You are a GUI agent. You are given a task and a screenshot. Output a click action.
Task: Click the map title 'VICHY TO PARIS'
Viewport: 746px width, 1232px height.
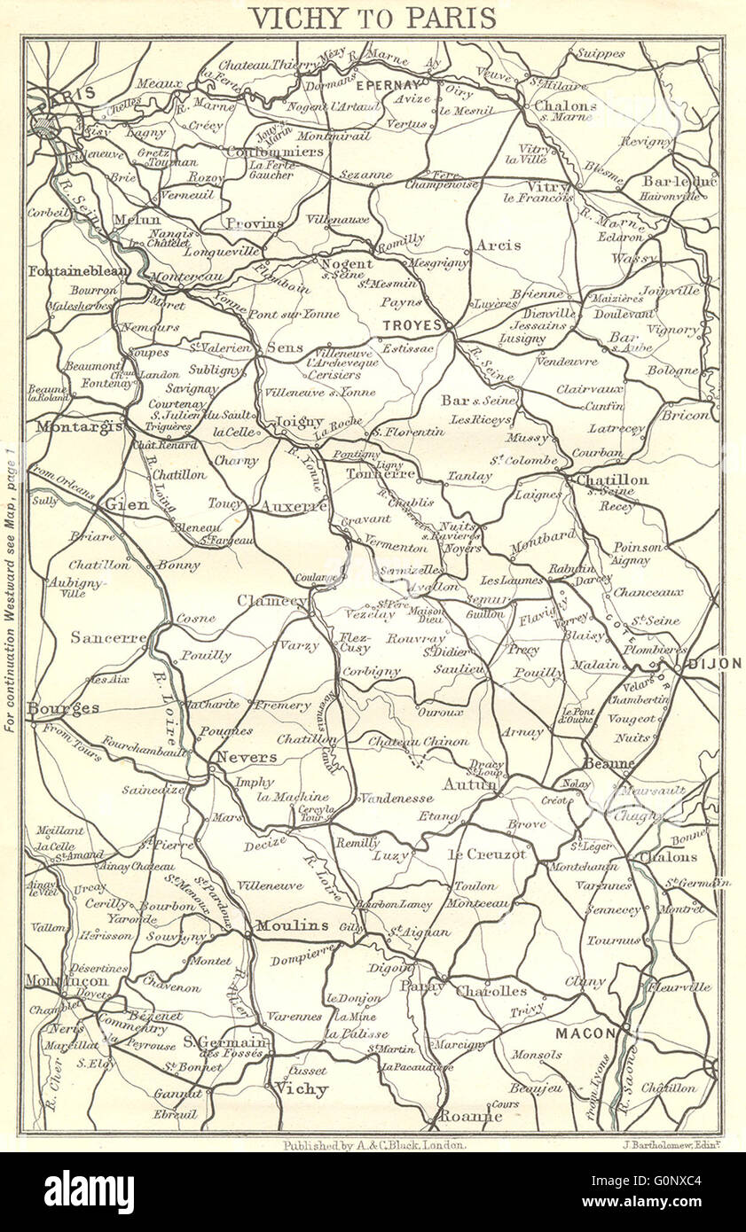tap(372, 18)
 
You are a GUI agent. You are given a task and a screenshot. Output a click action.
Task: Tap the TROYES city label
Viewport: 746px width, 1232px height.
tap(412, 325)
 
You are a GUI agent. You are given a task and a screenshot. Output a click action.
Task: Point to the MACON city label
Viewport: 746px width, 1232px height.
tap(585, 1033)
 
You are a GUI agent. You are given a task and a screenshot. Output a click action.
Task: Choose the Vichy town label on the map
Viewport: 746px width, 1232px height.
tap(300, 1088)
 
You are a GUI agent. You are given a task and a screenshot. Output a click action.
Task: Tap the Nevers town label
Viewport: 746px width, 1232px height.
tap(247, 758)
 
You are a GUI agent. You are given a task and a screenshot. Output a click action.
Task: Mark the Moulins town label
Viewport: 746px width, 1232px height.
tap(293, 925)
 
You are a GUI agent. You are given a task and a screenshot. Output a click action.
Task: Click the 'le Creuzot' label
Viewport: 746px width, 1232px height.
tap(487, 854)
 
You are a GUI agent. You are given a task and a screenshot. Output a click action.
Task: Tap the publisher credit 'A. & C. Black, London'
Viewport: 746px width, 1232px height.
tap(373, 1145)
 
